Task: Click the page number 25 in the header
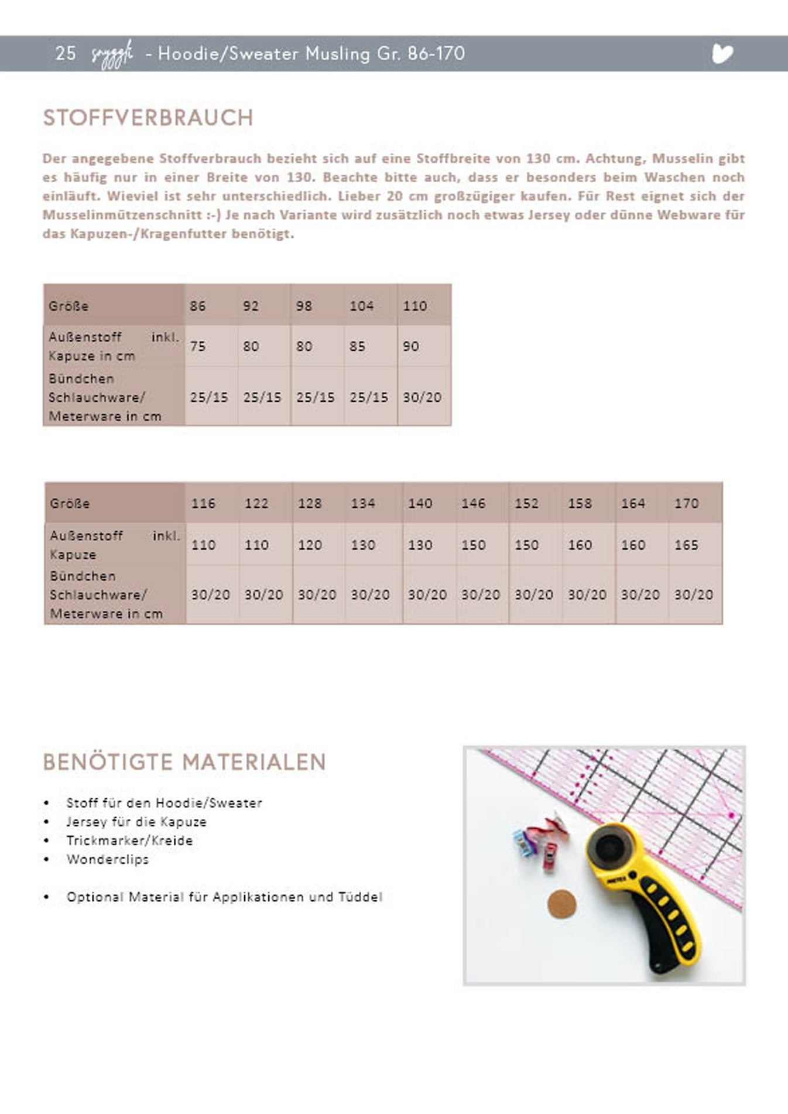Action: (x=65, y=53)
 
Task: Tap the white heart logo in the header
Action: (x=722, y=54)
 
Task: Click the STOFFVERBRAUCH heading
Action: (x=148, y=118)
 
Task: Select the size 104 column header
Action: (x=361, y=306)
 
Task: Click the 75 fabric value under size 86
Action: (x=198, y=346)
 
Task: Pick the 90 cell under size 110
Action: (x=410, y=346)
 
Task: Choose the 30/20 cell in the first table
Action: (x=422, y=397)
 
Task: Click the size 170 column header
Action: (x=686, y=503)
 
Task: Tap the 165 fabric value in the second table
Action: (x=686, y=545)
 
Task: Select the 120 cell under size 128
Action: (x=310, y=545)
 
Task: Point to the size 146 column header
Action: (x=473, y=503)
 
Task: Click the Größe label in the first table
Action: (x=68, y=306)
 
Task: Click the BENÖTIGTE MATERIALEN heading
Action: (x=184, y=762)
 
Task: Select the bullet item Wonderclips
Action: (x=108, y=859)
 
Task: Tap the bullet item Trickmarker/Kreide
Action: (x=129, y=840)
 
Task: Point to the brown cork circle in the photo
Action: (x=562, y=904)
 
